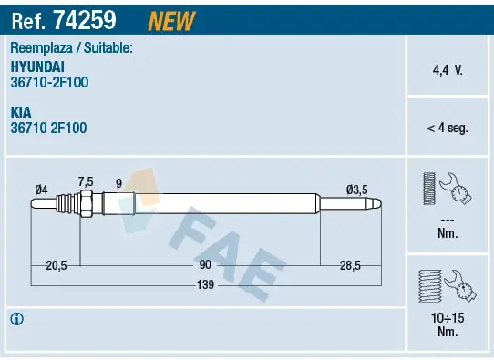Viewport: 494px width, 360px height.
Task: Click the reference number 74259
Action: click(85, 20)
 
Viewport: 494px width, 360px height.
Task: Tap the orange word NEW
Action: click(171, 21)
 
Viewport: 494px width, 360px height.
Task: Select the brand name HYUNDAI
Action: click(37, 67)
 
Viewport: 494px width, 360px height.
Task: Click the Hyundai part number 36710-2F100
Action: click(49, 83)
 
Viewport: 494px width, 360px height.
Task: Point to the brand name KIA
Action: click(21, 112)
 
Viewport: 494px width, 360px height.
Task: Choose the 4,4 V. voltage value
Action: click(448, 70)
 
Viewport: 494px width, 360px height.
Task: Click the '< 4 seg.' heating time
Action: click(448, 128)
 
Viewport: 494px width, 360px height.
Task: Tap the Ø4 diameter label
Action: click(41, 190)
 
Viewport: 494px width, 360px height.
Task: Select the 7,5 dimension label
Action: click(86, 181)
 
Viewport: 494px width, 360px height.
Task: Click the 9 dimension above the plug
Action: click(118, 183)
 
